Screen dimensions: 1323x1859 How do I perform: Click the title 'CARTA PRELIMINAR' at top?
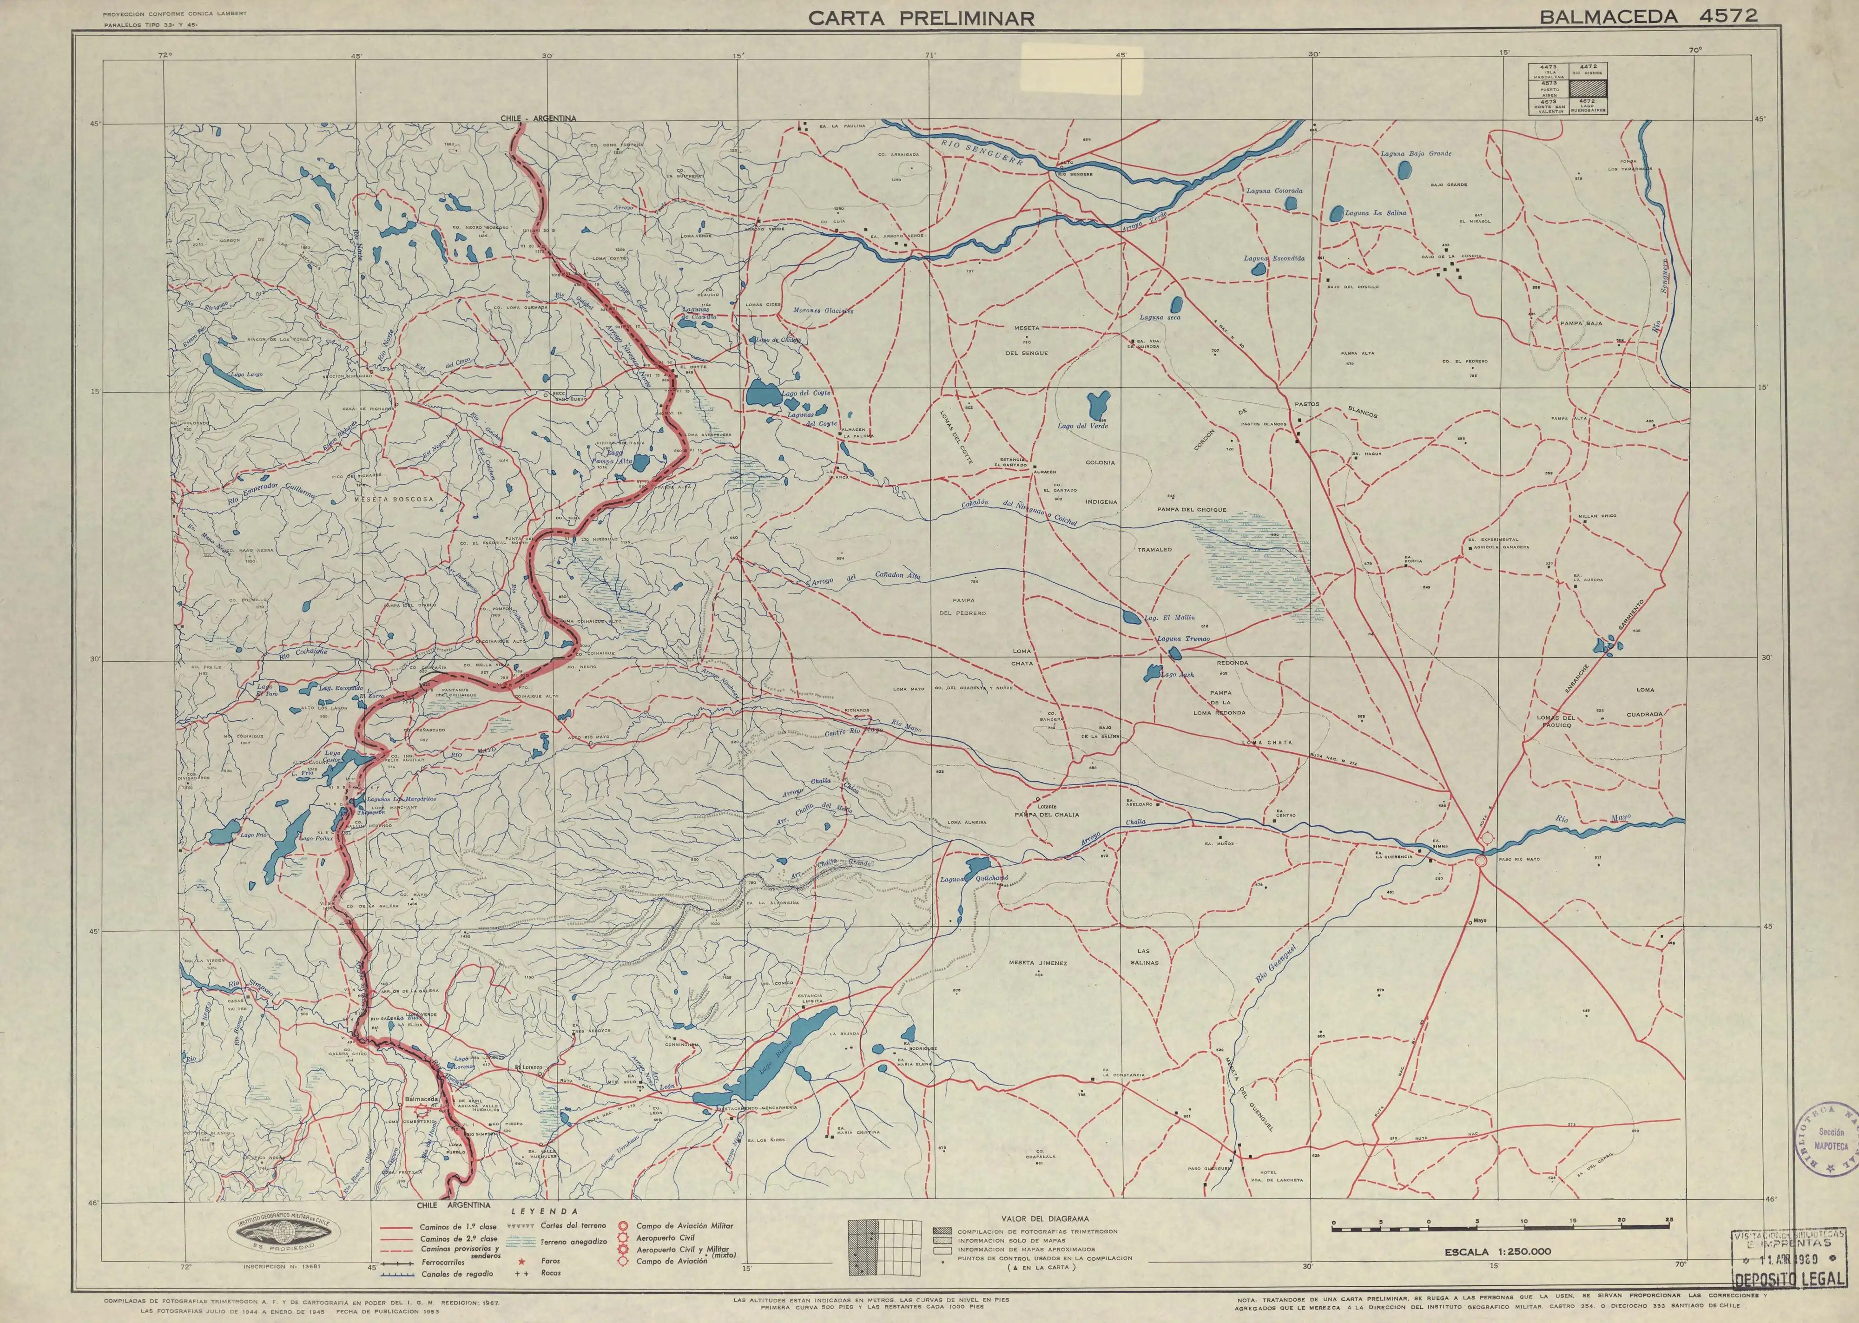point(921,18)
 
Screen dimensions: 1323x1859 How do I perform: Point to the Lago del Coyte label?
point(806,393)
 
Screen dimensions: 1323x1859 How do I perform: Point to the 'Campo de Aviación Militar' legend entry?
point(684,1225)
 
